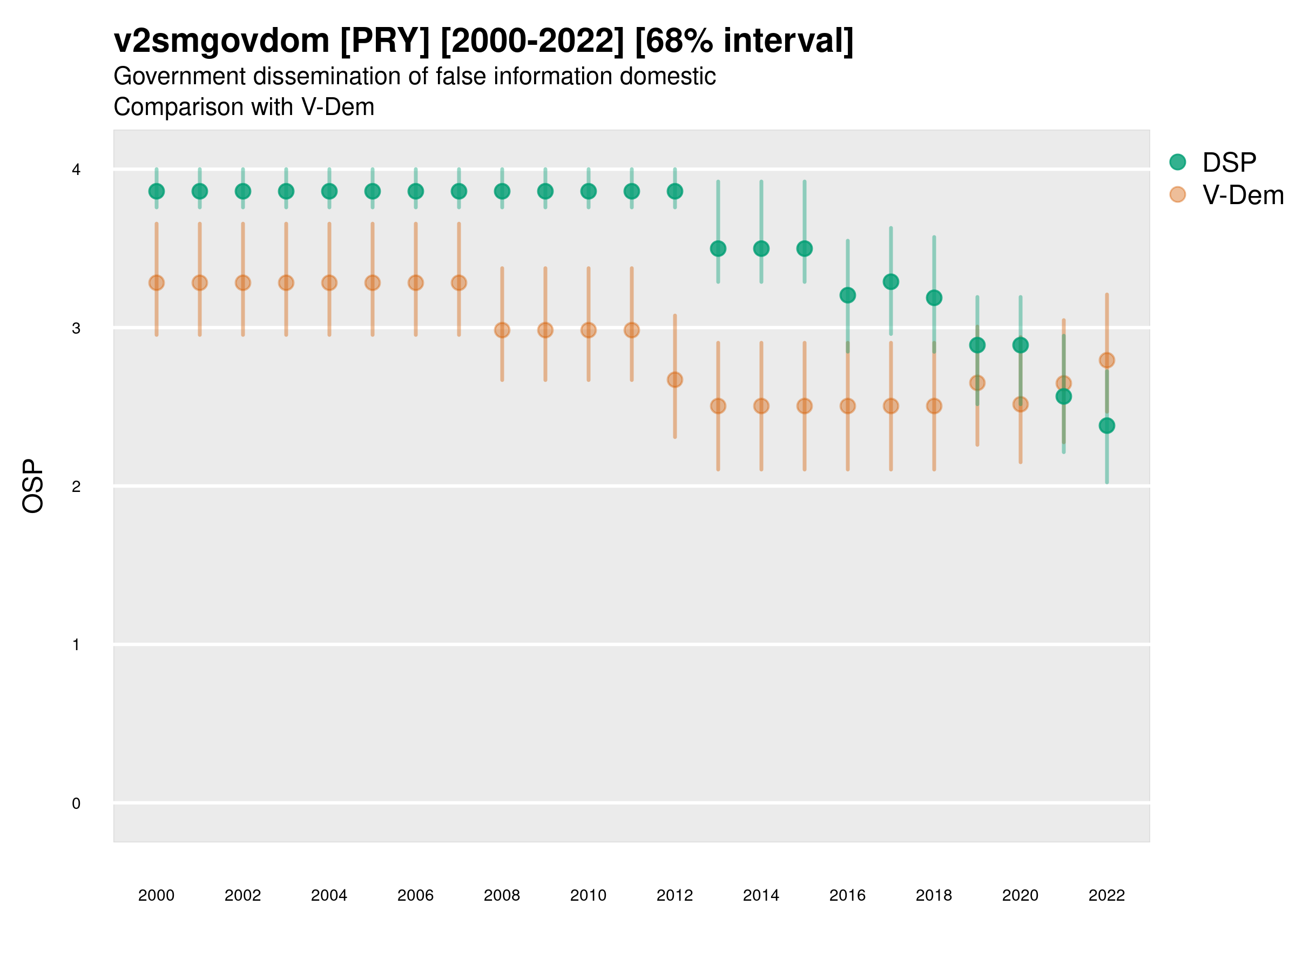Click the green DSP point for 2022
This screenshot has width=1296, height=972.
1107,426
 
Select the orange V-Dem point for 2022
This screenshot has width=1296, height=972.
1107,360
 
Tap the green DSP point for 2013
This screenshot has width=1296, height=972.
718,249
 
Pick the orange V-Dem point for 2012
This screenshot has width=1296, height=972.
675,380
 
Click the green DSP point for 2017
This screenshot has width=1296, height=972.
890,282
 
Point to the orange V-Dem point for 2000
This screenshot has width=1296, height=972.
157,283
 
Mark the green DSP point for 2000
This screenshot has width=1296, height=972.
157,192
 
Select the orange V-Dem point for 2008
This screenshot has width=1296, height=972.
502,330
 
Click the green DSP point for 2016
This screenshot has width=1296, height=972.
848,295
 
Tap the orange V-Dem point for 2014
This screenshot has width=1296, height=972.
761,406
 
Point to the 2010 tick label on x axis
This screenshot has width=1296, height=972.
588,895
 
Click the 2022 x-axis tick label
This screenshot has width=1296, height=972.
1107,895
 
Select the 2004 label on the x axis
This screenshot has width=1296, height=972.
329,895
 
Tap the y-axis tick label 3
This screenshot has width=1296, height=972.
76,328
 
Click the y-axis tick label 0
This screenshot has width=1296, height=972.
76,804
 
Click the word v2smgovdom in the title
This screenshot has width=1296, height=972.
221,41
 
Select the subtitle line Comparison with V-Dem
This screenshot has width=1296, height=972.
244,107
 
